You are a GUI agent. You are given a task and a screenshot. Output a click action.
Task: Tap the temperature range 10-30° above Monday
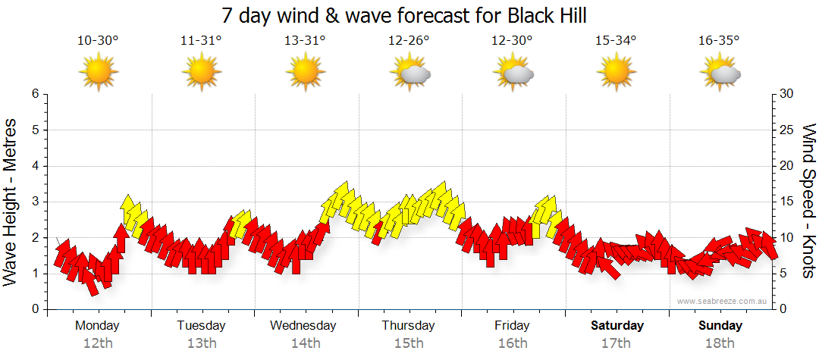pyautogui.click(x=98, y=41)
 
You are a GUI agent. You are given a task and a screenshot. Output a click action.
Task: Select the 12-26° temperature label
pyautogui.click(x=409, y=41)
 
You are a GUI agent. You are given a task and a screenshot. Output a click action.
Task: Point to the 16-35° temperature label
pyautogui.click(x=719, y=41)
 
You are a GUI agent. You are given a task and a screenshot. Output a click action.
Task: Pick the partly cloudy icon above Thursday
pyautogui.click(x=409, y=73)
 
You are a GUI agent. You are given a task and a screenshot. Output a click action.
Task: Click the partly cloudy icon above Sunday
pyautogui.click(x=720, y=73)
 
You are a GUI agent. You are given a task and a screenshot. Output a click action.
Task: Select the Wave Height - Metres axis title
pyautogui.click(x=11, y=202)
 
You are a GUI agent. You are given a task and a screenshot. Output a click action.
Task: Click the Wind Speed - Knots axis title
pyautogui.click(x=808, y=202)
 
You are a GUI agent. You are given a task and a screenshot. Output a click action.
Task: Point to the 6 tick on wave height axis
pyautogui.click(x=34, y=94)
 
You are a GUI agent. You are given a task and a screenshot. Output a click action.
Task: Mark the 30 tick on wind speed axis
pyautogui.click(x=786, y=94)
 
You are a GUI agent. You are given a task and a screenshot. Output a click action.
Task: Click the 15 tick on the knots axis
pyautogui.click(x=786, y=202)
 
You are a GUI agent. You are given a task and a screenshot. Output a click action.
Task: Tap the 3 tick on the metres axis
pyautogui.click(x=34, y=202)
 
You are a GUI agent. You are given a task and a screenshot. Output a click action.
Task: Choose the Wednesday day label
pyautogui.click(x=303, y=326)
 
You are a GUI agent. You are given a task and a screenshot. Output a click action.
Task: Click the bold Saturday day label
pyautogui.click(x=617, y=326)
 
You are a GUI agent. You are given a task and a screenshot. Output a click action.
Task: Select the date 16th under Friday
pyautogui.click(x=513, y=343)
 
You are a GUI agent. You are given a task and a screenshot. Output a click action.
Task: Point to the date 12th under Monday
pyautogui.click(x=98, y=343)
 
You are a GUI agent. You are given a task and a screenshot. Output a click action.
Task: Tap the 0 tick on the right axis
pyautogui.click(x=783, y=309)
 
